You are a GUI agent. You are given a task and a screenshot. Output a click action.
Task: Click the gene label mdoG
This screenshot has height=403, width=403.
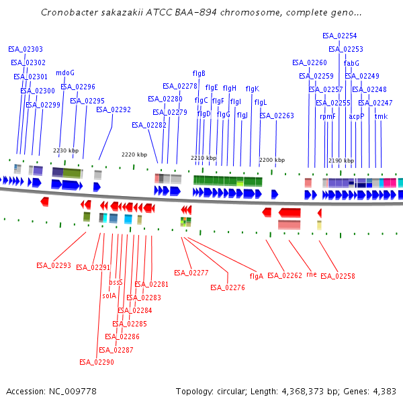[x=65, y=73]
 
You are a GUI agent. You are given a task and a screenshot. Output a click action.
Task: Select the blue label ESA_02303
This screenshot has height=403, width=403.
[x=26, y=49]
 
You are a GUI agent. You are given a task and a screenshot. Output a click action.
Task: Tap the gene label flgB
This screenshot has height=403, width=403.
[x=199, y=73]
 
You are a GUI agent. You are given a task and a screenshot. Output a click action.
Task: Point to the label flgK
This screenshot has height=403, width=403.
[x=252, y=89]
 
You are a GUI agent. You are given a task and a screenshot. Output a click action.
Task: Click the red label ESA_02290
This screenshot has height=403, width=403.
[x=97, y=362]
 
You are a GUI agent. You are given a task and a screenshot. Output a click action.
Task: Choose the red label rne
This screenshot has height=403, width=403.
[x=311, y=274]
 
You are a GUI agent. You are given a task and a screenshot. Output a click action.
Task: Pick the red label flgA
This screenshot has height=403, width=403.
[x=256, y=276]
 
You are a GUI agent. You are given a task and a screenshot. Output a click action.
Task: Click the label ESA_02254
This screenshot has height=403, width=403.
[x=339, y=36]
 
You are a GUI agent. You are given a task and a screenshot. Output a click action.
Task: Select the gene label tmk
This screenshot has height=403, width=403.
[x=381, y=116]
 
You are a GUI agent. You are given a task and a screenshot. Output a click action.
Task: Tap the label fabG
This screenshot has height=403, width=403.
[x=351, y=63]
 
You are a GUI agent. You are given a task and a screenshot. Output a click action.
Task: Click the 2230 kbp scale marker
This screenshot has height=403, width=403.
[x=66, y=150]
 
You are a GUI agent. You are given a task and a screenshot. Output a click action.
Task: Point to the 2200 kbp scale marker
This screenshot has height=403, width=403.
[x=272, y=160]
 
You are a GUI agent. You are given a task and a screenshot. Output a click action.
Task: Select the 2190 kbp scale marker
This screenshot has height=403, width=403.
[x=341, y=161]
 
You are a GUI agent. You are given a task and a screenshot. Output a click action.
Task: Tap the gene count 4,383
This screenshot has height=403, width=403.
[x=384, y=391]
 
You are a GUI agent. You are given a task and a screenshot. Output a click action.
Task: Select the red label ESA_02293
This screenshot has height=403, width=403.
[x=53, y=265]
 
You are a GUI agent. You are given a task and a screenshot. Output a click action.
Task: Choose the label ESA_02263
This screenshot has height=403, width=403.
[x=277, y=116]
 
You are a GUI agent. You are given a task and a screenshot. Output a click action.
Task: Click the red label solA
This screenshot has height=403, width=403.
[x=109, y=296]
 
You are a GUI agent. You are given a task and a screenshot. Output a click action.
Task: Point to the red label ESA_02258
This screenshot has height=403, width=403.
[x=338, y=276]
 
